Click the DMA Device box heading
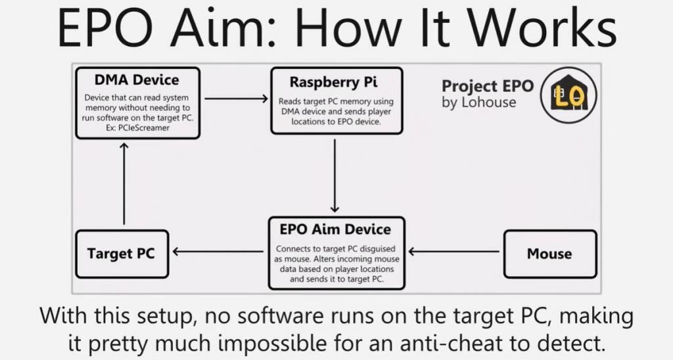pyautogui.click(x=137, y=81)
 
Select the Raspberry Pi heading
pyautogui.click(x=334, y=83)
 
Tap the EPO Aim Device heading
pyautogui.click(x=335, y=230)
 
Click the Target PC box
pyautogui.click(x=121, y=253)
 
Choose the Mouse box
pyautogui.click(x=549, y=254)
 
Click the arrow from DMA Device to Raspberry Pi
pyautogui.click(x=236, y=99)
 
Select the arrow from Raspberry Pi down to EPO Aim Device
pyautogui.click(x=335, y=175)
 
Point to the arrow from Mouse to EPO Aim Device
pyautogui.click(x=453, y=252)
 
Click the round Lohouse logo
pyautogui.click(x=568, y=95)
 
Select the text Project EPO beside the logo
pyautogui.click(x=487, y=87)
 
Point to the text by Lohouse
pyautogui.click(x=478, y=102)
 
